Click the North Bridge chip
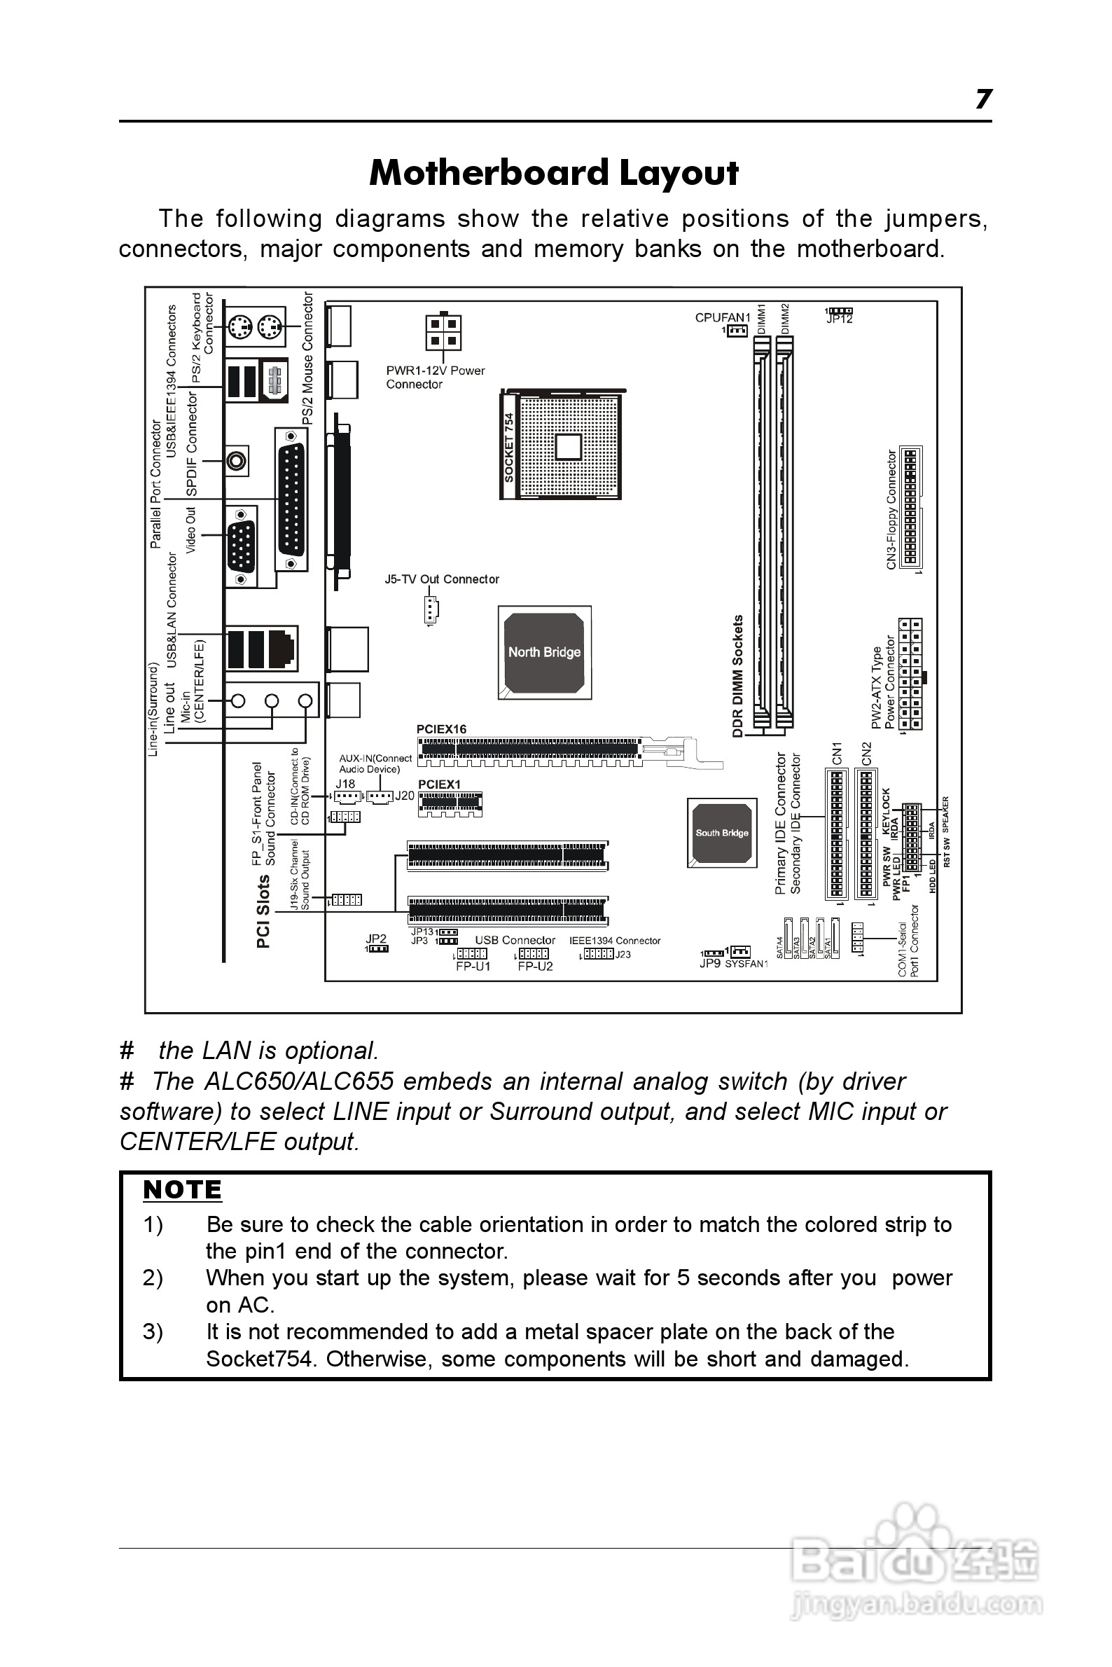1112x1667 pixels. click(x=544, y=652)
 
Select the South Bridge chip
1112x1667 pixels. click(x=721, y=832)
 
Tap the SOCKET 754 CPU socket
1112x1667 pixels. click(x=561, y=445)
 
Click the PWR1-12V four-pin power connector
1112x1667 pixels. click(x=443, y=332)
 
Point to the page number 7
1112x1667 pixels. click(x=983, y=99)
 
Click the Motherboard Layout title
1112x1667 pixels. click(x=554, y=173)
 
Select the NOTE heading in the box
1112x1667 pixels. click(x=182, y=1189)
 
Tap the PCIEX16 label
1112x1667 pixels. click(x=441, y=728)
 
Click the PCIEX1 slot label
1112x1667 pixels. click(x=439, y=784)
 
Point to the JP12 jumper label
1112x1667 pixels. click(x=840, y=320)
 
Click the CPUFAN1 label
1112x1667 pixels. click(x=722, y=317)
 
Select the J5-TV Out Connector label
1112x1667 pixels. click(x=442, y=579)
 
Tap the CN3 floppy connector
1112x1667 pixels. click(x=910, y=506)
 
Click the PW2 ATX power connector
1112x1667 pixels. click(x=910, y=674)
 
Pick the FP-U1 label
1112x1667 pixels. click(x=473, y=966)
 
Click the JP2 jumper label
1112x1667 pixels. click(x=376, y=939)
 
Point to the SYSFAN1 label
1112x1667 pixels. click(x=746, y=964)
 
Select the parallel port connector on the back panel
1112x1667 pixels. click(x=291, y=499)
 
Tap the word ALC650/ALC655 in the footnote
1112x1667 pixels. click(x=298, y=1081)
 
